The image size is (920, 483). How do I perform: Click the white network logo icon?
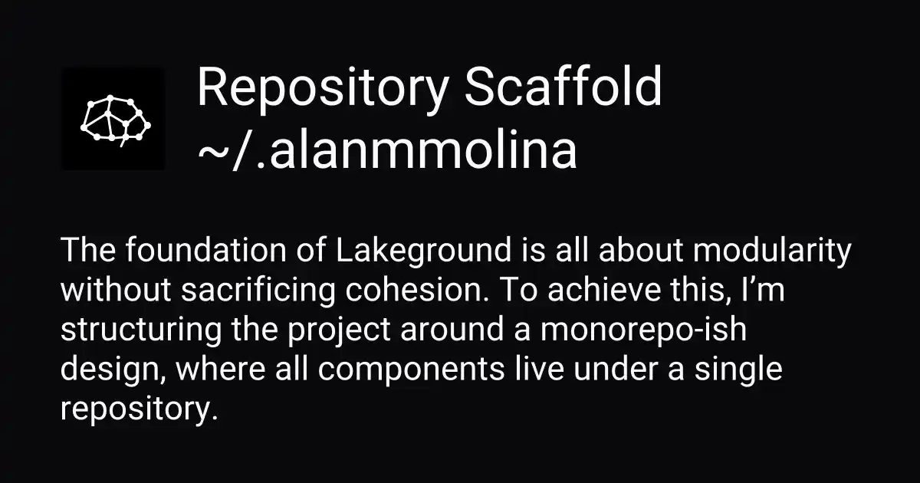click(x=113, y=120)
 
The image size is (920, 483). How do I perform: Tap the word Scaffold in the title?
click(x=563, y=88)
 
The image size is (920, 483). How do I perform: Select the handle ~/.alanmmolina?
click(x=387, y=151)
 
